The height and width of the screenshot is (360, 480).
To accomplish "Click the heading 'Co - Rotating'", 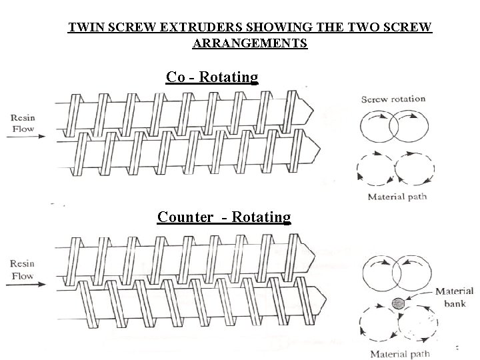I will click(212, 77).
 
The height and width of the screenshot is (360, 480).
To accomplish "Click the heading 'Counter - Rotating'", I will click(224, 217).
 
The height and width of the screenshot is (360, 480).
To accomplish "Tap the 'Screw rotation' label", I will click(393, 99).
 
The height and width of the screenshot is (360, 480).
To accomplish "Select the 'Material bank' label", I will click(454, 296).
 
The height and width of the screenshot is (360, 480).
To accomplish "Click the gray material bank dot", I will click(399, 303).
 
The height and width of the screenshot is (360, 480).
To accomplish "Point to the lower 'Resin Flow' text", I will click(22, 269).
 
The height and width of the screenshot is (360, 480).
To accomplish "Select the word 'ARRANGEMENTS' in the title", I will click(250, 44).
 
